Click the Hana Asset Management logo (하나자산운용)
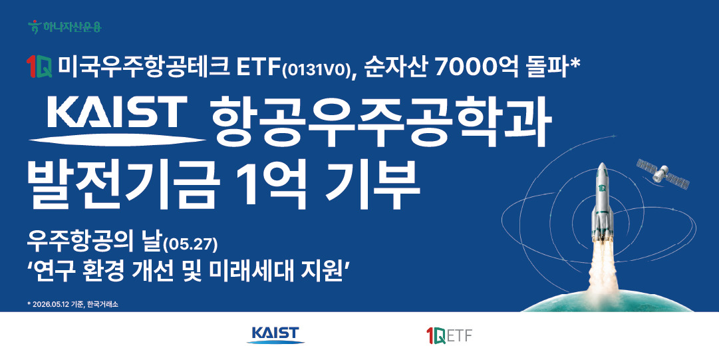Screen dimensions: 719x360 65,27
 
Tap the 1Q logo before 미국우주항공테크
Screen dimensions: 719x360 39,67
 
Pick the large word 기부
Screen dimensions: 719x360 373,185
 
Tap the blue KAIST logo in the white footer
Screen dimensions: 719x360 275,335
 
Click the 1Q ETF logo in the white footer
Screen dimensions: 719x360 449,335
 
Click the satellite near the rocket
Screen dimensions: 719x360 662,174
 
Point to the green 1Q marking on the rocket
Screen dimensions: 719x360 602,188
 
